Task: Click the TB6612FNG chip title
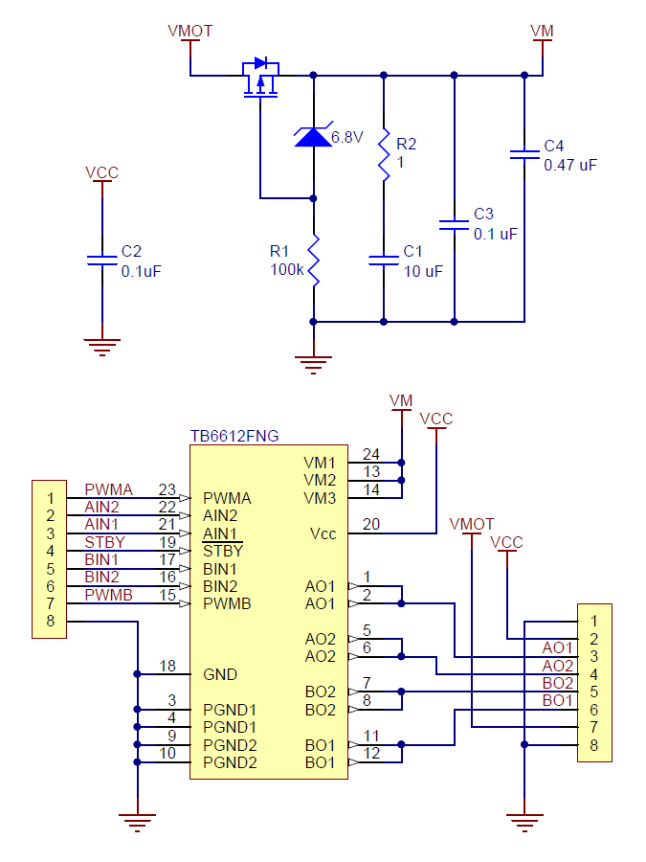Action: click(234, 436)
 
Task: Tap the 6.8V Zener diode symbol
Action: click(313, 136)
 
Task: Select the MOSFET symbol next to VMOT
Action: click(261, 77)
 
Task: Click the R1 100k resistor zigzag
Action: click(314, 260)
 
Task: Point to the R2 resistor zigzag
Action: click(384, 154)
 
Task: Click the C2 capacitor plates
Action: click(102, 260)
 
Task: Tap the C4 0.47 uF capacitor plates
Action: click(524, 154)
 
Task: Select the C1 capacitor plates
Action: click(384, 260)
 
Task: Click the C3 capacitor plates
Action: click(455, 225)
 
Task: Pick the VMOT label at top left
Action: click(190, 31)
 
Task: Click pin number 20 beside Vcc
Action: click(371, 524)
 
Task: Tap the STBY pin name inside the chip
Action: click(223, 551)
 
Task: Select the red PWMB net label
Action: click(109, 595)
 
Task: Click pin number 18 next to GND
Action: click(167, 666)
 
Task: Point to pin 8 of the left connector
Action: click(51, 622)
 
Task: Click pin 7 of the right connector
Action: click(593, 727)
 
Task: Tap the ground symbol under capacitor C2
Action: click(102, 348)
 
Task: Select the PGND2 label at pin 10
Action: click(230, 762)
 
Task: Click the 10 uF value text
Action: click(424, 271)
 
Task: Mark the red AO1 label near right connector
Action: click(558, 647)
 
